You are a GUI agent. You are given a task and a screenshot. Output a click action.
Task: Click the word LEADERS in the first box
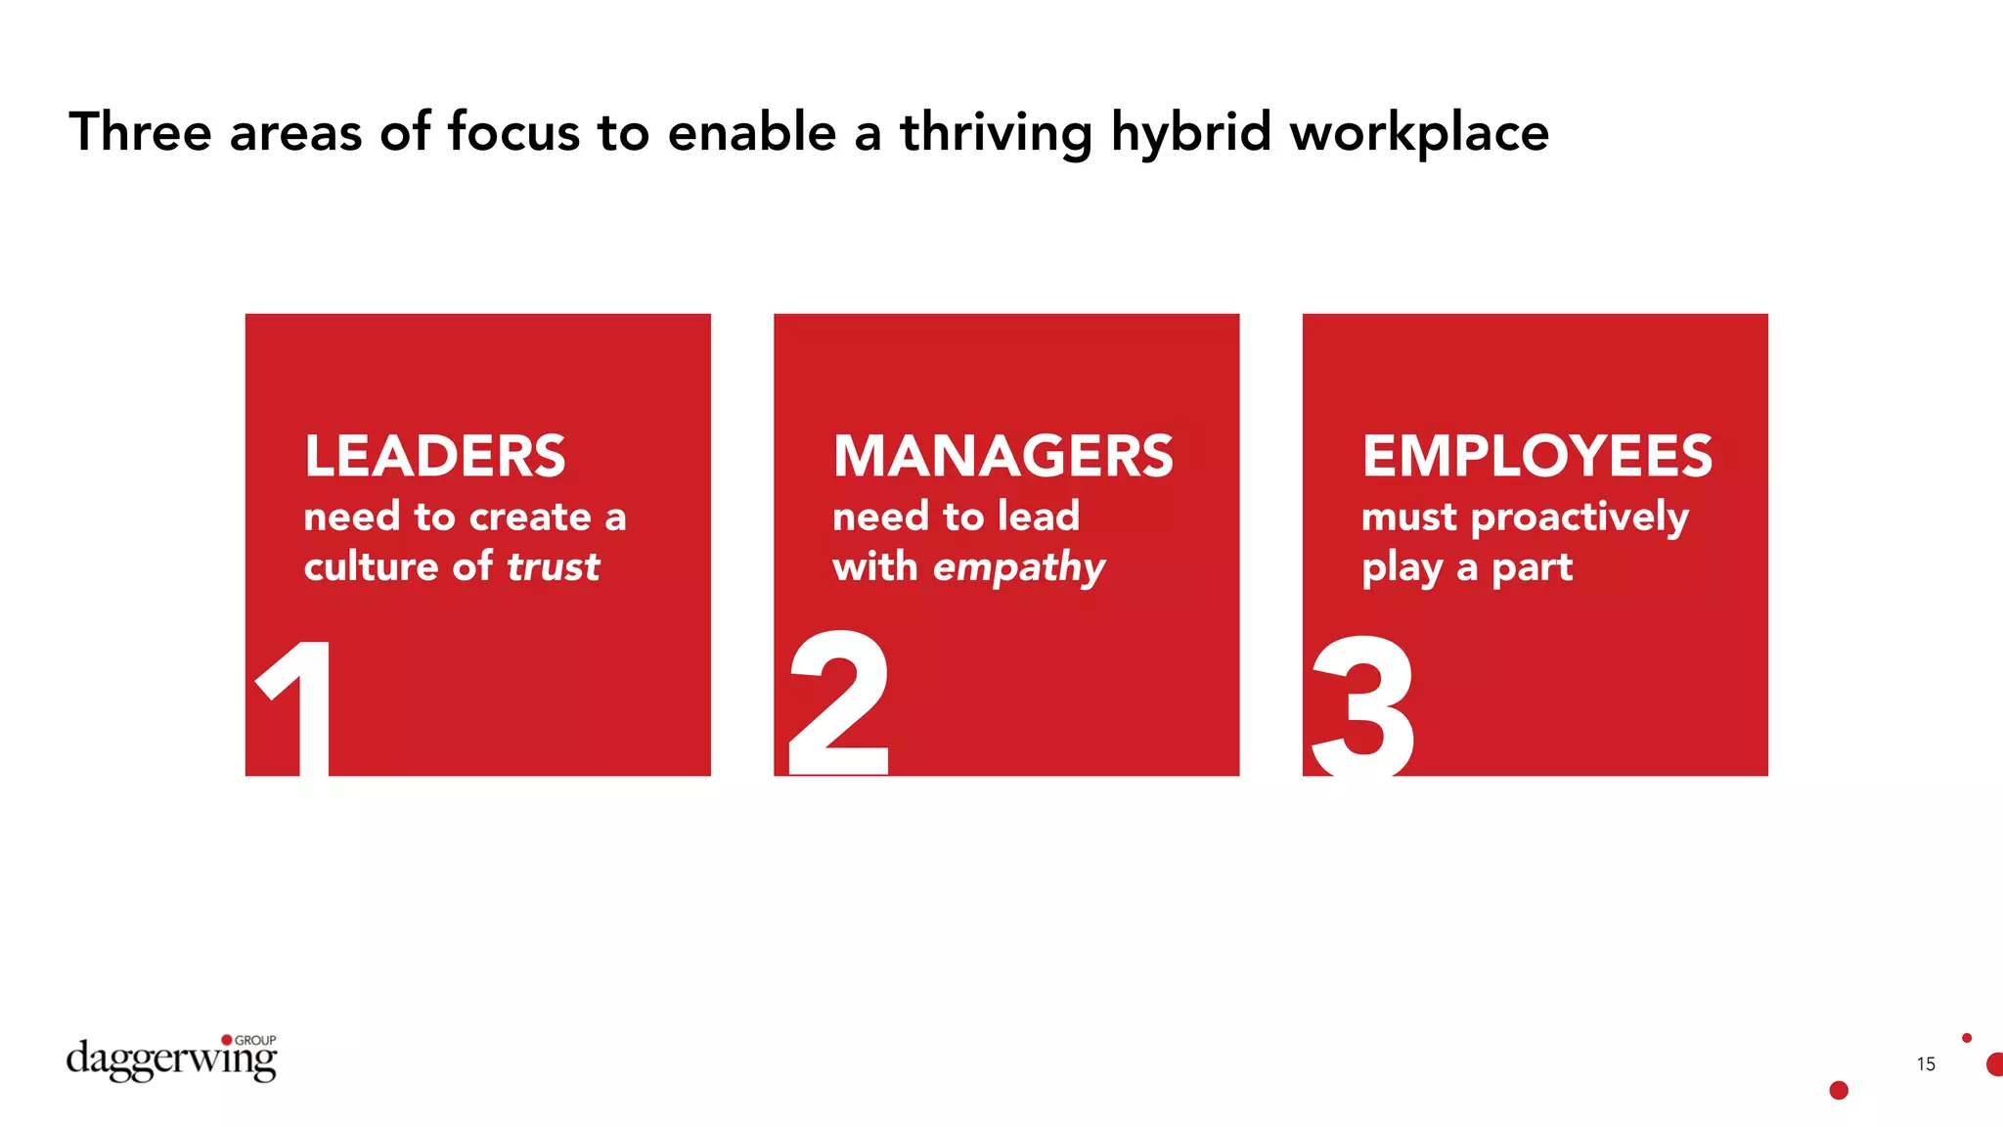(434, 456)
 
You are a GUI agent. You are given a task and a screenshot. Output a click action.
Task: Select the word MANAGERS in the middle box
(1002, 456)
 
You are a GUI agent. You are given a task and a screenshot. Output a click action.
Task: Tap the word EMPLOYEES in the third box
(1536, 456)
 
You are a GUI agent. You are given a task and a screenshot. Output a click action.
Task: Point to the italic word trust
(553, 566)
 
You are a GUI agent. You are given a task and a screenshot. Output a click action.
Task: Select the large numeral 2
(839, 702)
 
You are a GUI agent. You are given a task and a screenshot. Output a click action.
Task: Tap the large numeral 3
(1363, 705)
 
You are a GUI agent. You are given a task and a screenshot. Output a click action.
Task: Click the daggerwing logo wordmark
(171, 1060)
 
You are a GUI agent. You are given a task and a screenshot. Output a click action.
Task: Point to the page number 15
(1926, 1064)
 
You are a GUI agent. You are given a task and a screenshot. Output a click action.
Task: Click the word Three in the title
(140, 132)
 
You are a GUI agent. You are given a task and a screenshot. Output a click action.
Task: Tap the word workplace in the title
(1419, 133)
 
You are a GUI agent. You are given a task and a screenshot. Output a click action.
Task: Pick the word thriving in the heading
(996, 133)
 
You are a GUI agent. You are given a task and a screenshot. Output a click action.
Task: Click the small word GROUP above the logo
(255, 1040)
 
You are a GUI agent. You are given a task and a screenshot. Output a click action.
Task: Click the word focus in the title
(513, 132)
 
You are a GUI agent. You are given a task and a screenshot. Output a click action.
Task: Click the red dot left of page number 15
(1839, 1090)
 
